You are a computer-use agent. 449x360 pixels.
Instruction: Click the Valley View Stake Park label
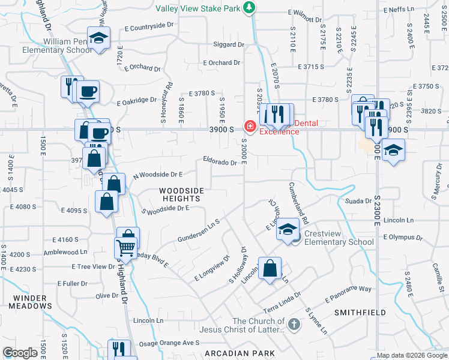click(198, 8)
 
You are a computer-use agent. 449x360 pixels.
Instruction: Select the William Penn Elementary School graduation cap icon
click(98, 38)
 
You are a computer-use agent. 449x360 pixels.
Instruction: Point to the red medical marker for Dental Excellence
click(249, 127)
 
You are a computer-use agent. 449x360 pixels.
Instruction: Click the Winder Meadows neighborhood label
click(30, 302)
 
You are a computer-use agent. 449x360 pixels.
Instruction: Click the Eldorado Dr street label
click(220, 162)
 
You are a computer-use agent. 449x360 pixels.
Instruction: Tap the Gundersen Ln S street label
click(199, 230)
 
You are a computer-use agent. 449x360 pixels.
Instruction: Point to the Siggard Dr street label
click(229, 44)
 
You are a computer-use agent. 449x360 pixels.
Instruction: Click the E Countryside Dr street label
click(149, 27)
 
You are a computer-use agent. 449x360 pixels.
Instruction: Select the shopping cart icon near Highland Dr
click(125, 247)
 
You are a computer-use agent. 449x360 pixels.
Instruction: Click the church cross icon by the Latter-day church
click(294, 325)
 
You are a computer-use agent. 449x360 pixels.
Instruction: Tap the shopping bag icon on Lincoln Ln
click(271, 267)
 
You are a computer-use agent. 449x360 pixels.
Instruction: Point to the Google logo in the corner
click(20, 353)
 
